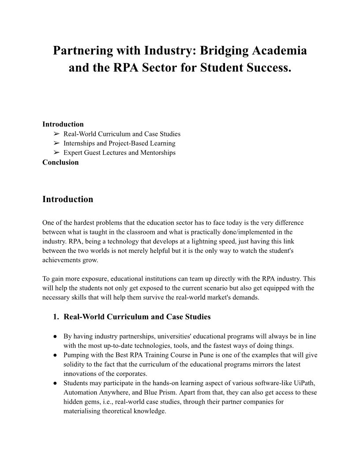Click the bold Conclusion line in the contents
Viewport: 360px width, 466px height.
60,162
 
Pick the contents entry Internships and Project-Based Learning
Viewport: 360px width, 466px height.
119,143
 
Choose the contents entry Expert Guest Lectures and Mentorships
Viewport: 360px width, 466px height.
119,153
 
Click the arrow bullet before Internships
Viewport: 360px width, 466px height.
56,143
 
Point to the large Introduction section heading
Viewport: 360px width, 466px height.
67,199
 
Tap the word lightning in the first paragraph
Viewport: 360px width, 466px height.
196,241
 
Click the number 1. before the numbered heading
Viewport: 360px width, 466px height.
56,317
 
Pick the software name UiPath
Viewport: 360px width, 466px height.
304,383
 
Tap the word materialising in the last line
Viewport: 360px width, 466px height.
83,411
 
